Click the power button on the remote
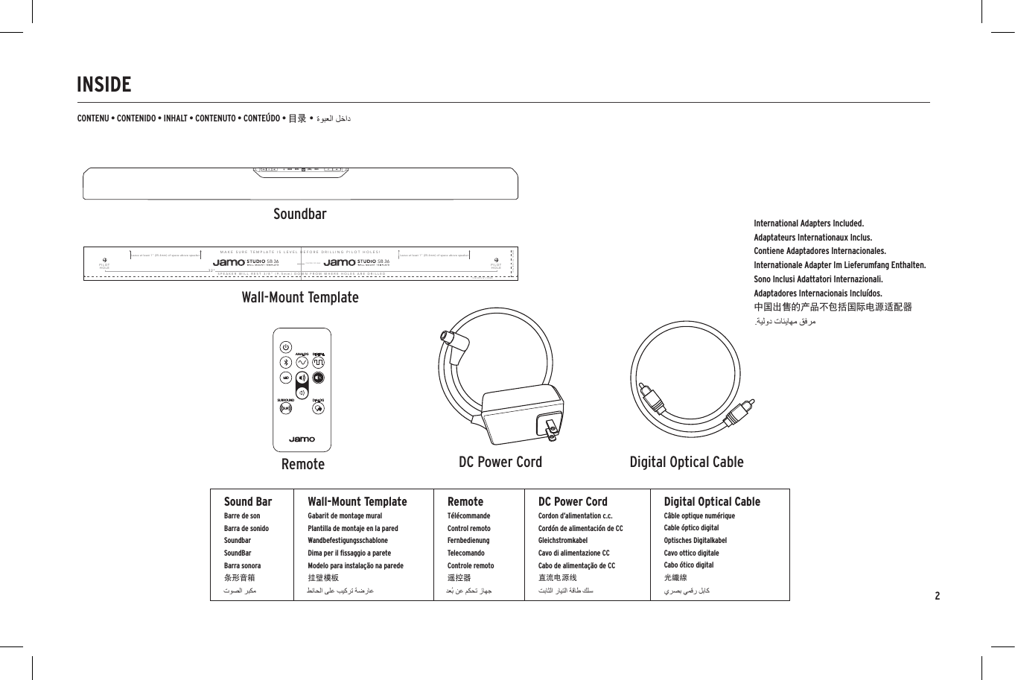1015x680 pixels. point(286,347)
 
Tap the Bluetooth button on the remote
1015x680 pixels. point(285,363)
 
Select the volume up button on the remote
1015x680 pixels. point(302,378)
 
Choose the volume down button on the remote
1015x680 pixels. point(302,393)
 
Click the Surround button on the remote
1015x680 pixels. point(286,407)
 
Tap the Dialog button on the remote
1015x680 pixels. point(318,407)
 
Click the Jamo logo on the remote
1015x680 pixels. point(302,439)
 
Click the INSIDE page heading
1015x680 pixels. point(104,85)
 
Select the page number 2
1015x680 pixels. point(937,596)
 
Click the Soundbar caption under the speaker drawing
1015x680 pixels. point(299,215)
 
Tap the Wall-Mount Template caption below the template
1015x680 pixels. point(299,298)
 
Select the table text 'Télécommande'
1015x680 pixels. point(468,515)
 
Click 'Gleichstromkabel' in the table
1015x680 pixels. point(562,541)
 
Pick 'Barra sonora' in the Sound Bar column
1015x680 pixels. point(242,565)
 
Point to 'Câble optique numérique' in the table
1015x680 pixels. point(699,515)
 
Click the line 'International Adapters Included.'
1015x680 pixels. point(809,223)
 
